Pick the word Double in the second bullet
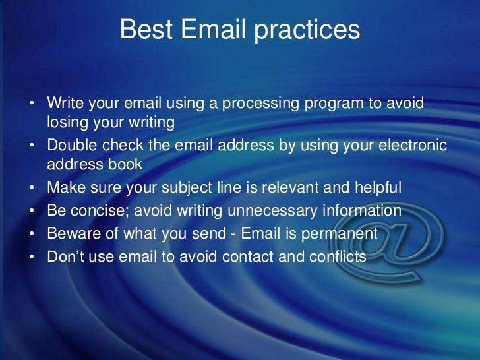point(71,146)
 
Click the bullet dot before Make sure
point(32,189)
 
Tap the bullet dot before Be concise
point(32,212)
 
